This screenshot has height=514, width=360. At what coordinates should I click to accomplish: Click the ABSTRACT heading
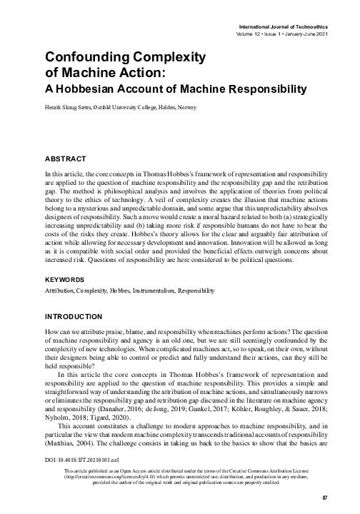pyautogui.click(x=66, y=157)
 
